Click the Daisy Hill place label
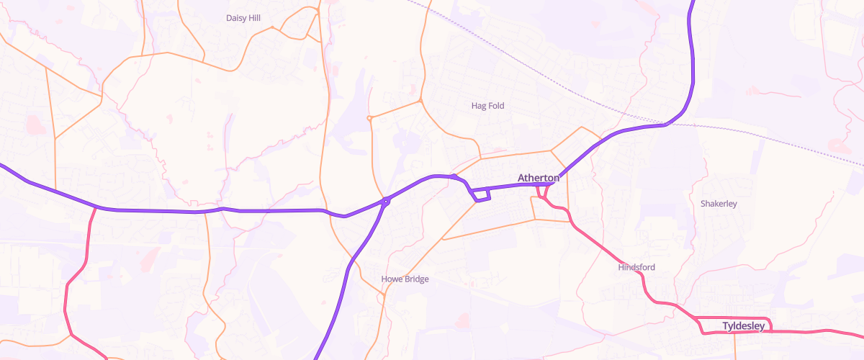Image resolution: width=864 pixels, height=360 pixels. coord(243,18)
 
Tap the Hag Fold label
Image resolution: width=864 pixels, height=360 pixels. coord(487,106)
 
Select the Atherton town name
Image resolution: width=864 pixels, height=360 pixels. coord(538,178)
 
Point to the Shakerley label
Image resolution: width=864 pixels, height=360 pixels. coord(719,204)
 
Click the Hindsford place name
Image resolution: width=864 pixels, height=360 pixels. coord(636,267)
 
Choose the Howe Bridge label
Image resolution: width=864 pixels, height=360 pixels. coord(405,279)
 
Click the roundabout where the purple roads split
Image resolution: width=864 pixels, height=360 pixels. coord(387,202)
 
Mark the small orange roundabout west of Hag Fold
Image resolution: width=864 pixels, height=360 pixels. coord(369,117)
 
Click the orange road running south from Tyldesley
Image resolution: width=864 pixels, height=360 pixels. coord(734,347)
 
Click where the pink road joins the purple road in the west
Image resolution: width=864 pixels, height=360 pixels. coord(96,208)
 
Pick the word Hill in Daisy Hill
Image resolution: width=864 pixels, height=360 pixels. coord(254,18)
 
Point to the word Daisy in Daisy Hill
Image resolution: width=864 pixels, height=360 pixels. coord(235,18)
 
